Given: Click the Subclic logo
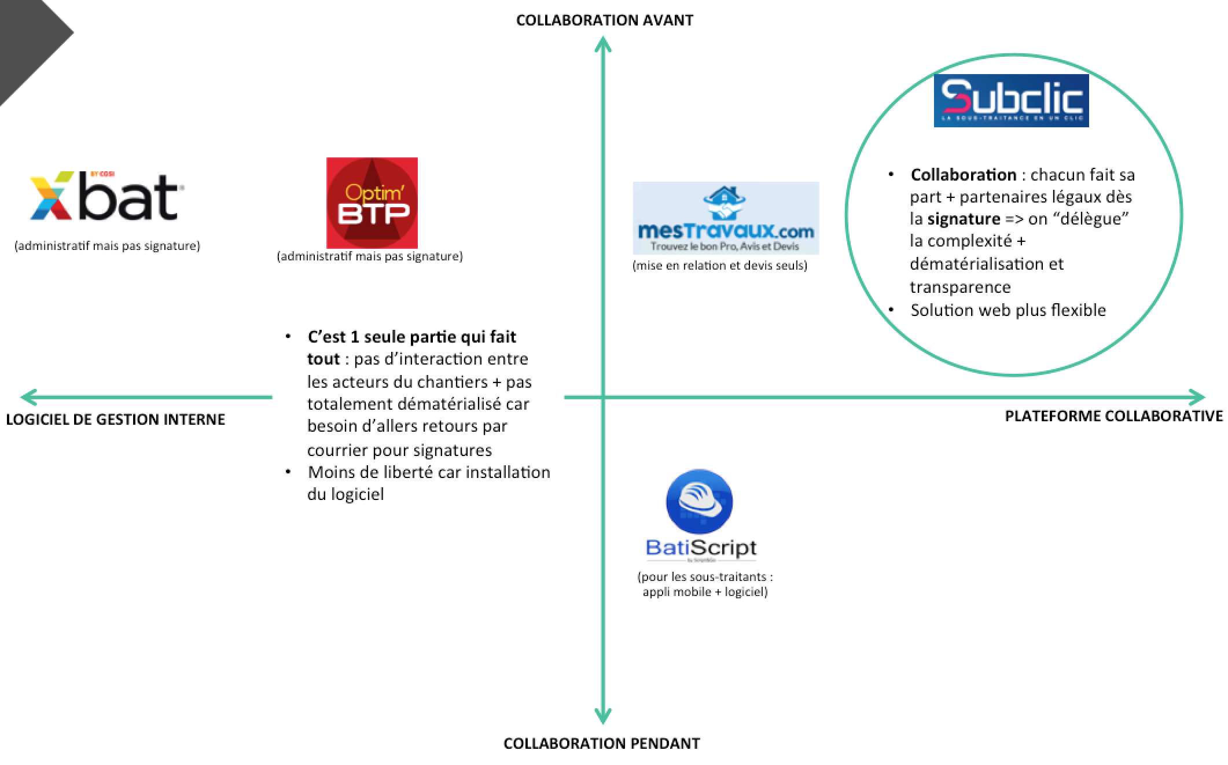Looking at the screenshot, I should (x=1011, y=100).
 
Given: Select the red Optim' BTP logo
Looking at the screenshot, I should (x=372, y=203).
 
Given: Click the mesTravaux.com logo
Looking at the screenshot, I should (x=726, y=218).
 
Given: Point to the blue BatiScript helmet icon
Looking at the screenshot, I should (x=699, y=501).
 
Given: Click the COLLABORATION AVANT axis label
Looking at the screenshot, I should (x=604, y=20).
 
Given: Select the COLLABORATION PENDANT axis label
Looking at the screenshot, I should (x=601, y=744).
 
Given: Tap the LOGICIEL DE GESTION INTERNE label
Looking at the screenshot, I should (x=115, y=420).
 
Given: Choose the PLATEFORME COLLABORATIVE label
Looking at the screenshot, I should (x=1113, y=416).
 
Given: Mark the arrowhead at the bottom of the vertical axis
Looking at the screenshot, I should (x=603, y=718).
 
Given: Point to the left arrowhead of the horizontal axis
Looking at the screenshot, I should (x=27, y=397).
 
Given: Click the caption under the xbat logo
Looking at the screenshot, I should (x=107, y=246).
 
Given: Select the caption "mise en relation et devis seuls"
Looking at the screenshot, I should (x=719, y=266).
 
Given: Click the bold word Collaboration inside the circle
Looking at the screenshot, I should (x=963, y=175).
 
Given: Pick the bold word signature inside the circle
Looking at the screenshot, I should (x=964, y=219).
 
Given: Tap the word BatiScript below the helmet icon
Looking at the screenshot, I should (x=701, y=547).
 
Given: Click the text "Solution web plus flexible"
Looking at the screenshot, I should (x=1008, y=310).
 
